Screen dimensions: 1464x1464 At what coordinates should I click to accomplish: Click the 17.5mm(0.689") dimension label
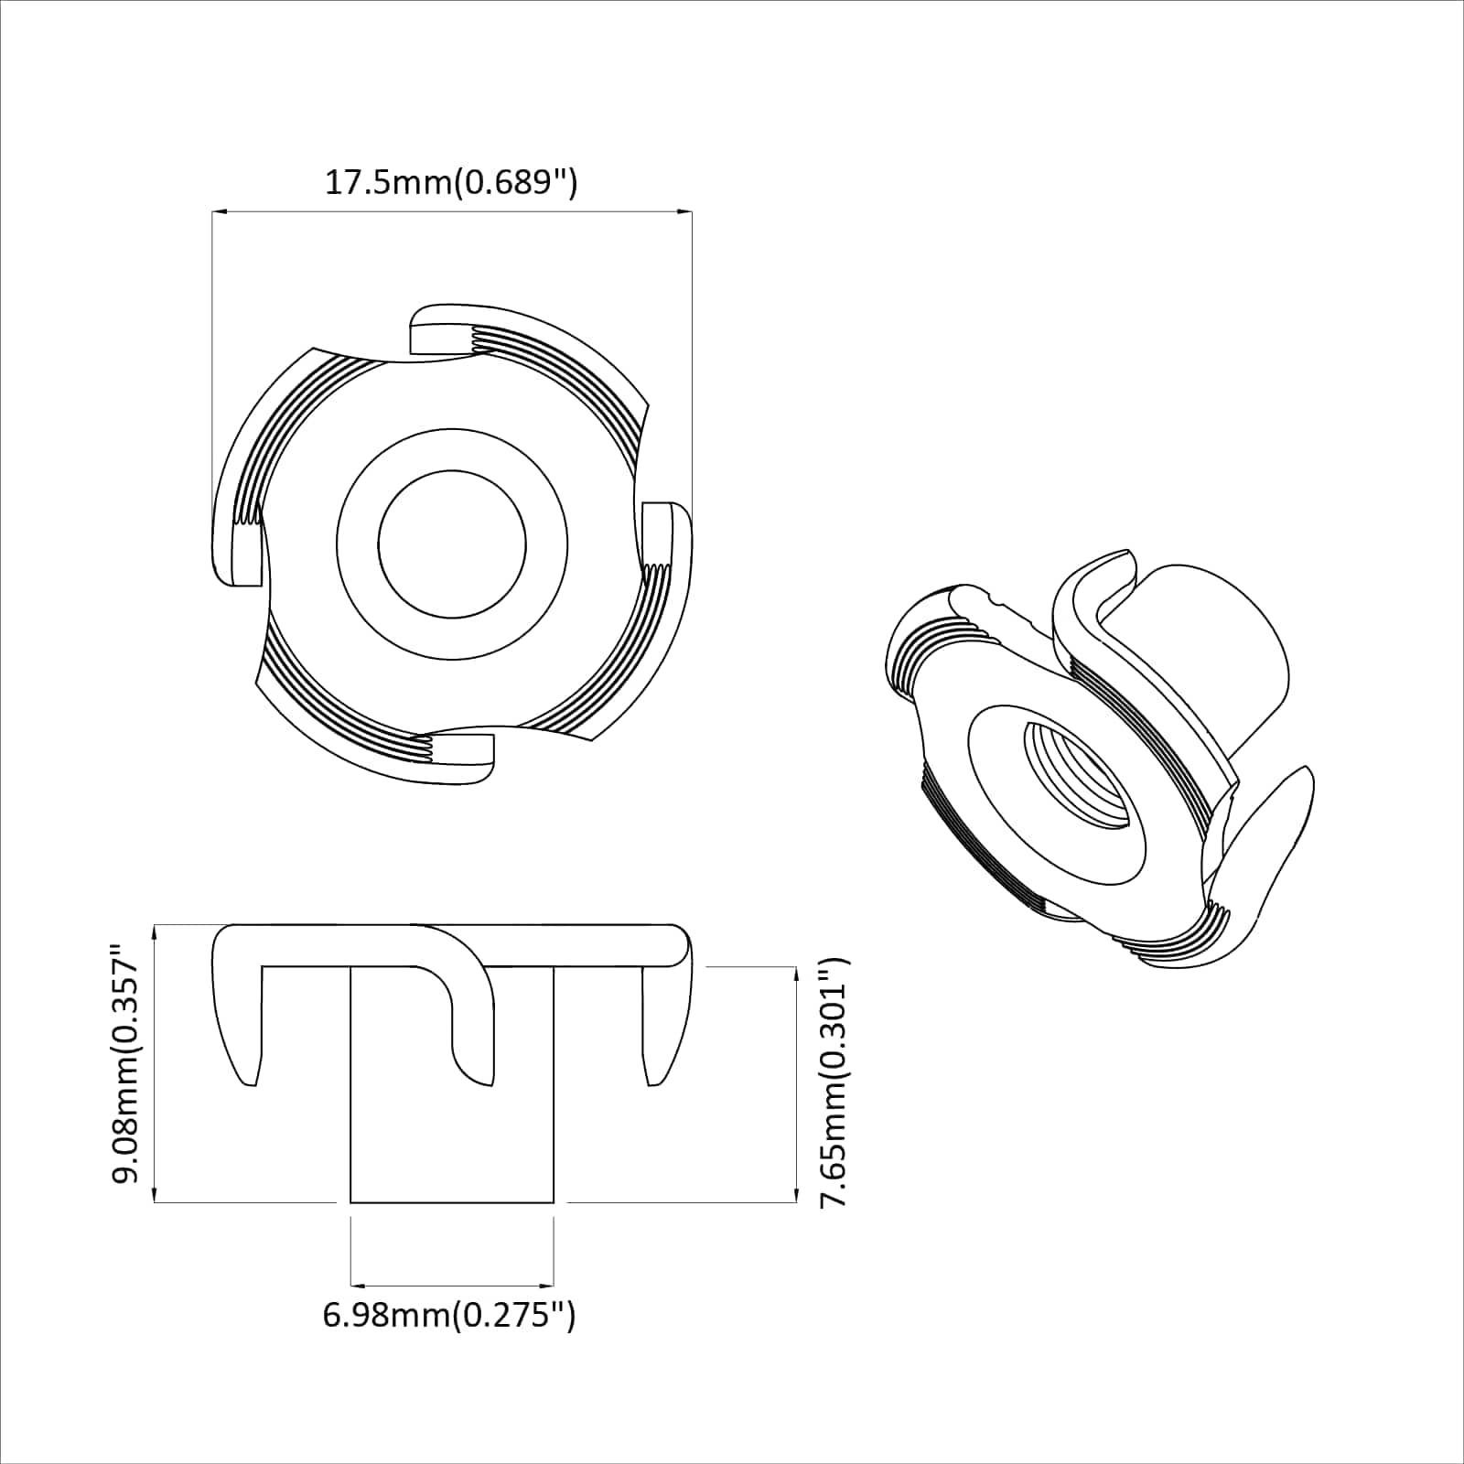451,183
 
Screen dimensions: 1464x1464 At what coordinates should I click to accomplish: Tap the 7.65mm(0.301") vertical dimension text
834,1082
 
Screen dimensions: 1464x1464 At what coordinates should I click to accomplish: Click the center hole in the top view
452,545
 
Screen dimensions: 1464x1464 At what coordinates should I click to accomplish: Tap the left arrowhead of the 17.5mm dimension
218,212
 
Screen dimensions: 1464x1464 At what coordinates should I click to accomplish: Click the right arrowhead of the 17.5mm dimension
685,212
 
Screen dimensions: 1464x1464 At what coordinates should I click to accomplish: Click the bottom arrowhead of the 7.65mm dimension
793,1196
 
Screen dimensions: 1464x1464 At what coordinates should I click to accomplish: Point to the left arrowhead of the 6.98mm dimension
358,1284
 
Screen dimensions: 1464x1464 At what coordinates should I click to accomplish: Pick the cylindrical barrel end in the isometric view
1217,640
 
